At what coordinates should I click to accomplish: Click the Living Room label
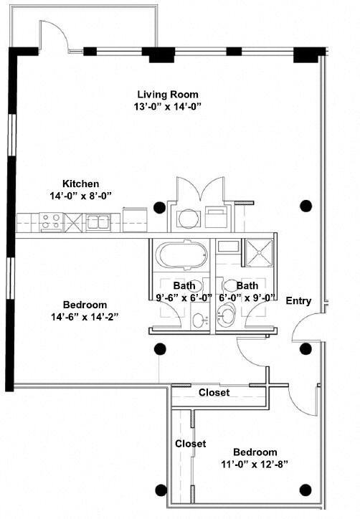tap(168, 95)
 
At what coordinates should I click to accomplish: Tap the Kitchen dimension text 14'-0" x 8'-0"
tap(80, 196)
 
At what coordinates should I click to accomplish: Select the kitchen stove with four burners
tap(51, 222)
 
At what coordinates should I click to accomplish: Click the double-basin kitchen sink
tap(98, 222)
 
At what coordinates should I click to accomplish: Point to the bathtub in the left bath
tap(181, 255)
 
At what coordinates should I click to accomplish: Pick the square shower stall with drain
tap(260, 252)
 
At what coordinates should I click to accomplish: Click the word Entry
tap(299, 301)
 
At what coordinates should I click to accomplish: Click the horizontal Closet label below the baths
tap(214, 393)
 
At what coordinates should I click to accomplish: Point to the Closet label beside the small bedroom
tap(191, 444)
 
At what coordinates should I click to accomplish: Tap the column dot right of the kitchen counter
tap(160, 208)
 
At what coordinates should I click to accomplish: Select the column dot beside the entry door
tap(305, 348)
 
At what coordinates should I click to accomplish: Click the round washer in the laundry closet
tap(189, 219)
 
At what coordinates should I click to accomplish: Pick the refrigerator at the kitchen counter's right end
tap(135, 220)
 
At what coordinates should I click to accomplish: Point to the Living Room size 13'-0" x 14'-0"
tap(168, 107)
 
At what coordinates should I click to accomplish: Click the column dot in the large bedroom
tap(161, 349)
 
